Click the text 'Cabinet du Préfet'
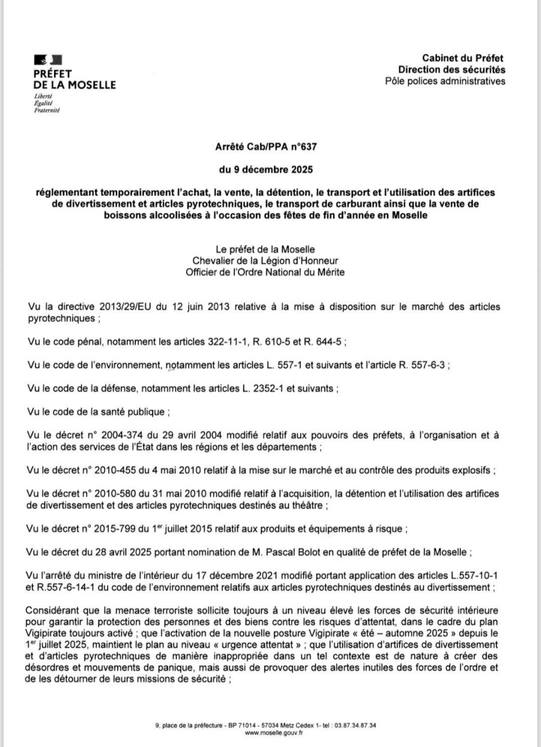[463, 58]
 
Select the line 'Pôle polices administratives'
[445, 81]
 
